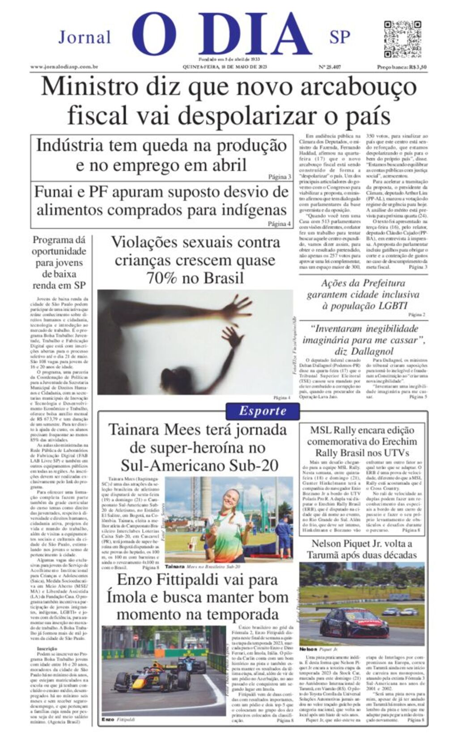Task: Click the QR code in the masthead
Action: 403,39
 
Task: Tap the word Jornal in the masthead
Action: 85,37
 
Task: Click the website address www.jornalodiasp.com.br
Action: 64,67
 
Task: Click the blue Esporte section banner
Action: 262,411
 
